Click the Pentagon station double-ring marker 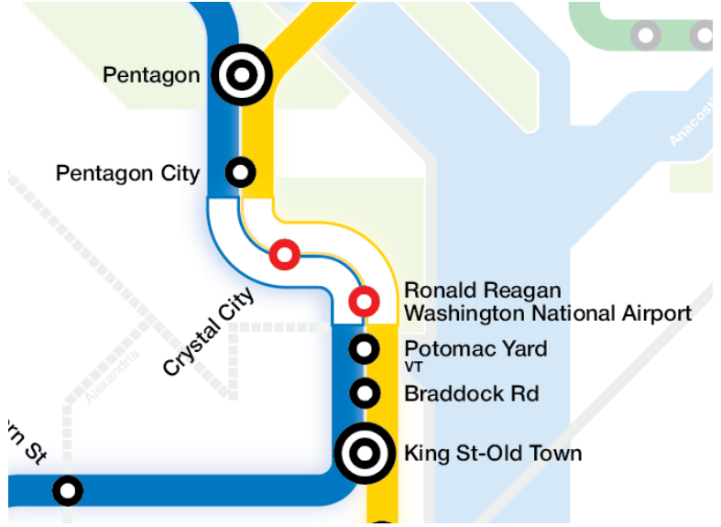point(242,75)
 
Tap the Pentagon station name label point(151,74)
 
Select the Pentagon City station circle point(240,171)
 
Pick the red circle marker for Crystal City point(284,255)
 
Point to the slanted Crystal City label point(208,332)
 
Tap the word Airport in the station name point(656,313)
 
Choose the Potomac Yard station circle point(365,348)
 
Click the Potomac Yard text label point(475,349)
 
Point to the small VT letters point(414,368)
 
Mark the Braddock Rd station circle point(365,393)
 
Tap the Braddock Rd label point(471,394)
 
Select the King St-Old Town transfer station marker point(365,452)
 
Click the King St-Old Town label point(492,453)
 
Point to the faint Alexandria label point(113,376)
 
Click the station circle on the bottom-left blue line point(67,490)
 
